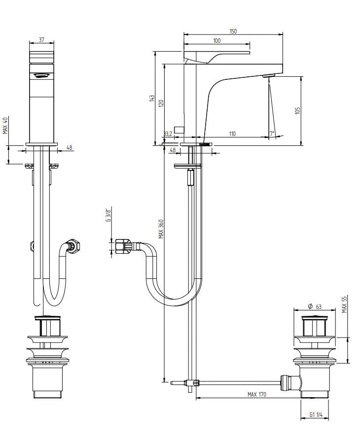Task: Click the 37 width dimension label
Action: (41, 39)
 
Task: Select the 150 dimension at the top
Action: (233, 31)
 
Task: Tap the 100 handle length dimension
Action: (217, 40)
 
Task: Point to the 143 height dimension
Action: (152, 99)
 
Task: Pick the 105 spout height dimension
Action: (297, 111)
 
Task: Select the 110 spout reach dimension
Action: (232, 134)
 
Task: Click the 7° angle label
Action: (272, 134)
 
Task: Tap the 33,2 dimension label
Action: (168, 134)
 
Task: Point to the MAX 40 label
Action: (5, 125)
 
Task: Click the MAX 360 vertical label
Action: (161, 229)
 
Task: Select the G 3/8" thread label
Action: (108, 216)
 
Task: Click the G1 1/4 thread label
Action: (316, 415)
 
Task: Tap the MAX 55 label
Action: (345, 304)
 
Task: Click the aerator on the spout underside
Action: (268, 76)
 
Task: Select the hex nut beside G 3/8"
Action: (121, 245)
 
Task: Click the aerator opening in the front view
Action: (42, 75)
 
